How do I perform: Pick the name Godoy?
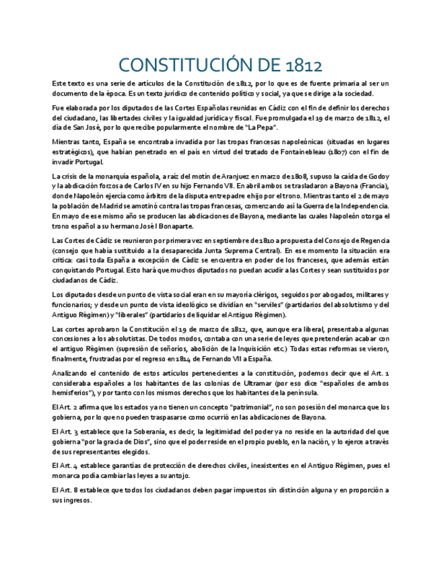(377, 176)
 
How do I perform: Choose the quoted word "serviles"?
(269, 304)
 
